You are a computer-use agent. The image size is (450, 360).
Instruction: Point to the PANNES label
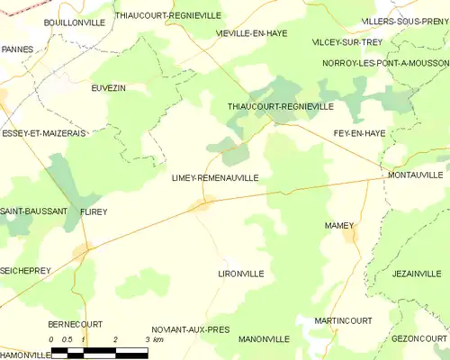[x=19, y=49]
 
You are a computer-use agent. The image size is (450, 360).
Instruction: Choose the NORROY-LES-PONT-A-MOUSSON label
[x=385, y=64]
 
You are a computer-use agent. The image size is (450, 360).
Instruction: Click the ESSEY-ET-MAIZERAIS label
[x=43, y=132]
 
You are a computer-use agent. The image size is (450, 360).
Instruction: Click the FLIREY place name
[x=93, y=211]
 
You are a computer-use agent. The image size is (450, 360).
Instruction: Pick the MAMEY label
[x=339, y=225]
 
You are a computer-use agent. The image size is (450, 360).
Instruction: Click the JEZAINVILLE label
[x=418, y=273]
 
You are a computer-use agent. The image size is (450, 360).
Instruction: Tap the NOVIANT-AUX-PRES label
[x=191, y=329]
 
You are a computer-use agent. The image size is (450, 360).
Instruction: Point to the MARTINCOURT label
[x=337, y=320]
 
